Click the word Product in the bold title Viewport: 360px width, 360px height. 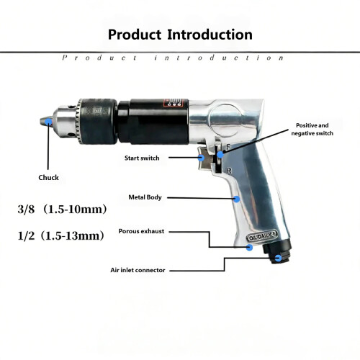click(x=135, y=35)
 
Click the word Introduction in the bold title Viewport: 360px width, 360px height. click(x=210, y=35)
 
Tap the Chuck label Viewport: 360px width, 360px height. click(x=48, y=178)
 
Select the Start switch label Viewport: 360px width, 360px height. click(x=142, y=158)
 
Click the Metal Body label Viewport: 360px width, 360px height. click(x=145, y=197)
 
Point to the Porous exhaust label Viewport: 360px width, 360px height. click(x=141, y=231)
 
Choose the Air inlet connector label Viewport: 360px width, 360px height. click(x=138, y=270)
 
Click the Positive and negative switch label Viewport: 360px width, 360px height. click(x=312, y=130)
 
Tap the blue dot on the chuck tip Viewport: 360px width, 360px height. click(x=48, y=122)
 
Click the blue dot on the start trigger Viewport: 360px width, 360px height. click(x=201, y=158)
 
